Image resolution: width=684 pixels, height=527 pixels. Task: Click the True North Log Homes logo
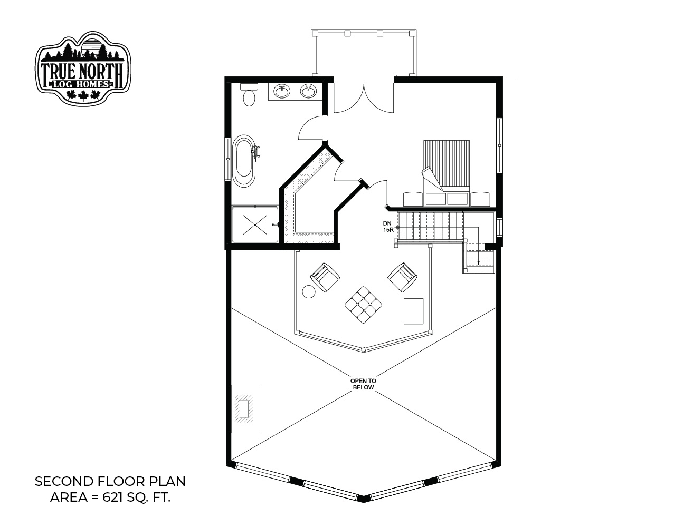[83, 68]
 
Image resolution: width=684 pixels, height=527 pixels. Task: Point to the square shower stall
[255, 224]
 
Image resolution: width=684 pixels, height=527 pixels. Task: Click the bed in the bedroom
[446, 173]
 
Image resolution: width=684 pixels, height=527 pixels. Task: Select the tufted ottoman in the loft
[363, 305]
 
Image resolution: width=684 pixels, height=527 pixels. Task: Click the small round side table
[308, 291]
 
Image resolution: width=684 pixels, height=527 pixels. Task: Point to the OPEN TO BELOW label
[363, 384]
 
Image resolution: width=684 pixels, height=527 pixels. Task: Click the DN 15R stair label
[388, 226]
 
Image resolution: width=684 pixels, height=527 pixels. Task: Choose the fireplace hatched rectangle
[244, 409]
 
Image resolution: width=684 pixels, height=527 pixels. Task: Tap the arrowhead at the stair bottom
[479, 263]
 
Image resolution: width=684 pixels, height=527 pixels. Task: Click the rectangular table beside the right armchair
[414, 311]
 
